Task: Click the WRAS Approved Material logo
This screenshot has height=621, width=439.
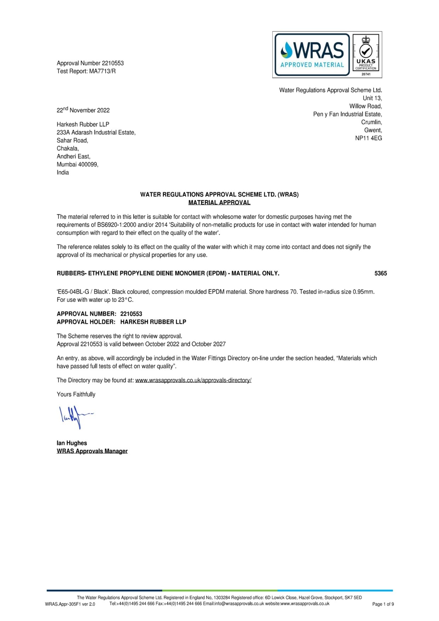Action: click(x=312, y=54)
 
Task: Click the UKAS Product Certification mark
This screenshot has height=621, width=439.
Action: click(x=366, y=54)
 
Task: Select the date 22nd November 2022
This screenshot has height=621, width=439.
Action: click(x=83, y=110)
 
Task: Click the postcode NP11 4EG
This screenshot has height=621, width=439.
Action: click(x=368, y=138)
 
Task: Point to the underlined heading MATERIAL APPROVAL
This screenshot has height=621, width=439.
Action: click(x=219, y=203)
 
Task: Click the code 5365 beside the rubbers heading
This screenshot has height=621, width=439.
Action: click(x=381, y=273)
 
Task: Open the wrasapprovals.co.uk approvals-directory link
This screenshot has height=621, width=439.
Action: click(x=193, y=380)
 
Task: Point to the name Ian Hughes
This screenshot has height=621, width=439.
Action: click(x=72, y=443)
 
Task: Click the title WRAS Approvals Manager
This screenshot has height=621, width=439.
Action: click(x=92, y=451)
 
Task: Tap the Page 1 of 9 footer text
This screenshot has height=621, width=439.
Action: click(x=383, y=604)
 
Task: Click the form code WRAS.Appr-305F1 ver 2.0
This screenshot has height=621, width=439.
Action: click(x=70, y=604)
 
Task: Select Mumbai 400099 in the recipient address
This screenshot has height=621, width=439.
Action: click(x=77, y=165)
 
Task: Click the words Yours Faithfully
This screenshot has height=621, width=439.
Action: click(x=76, y=395)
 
